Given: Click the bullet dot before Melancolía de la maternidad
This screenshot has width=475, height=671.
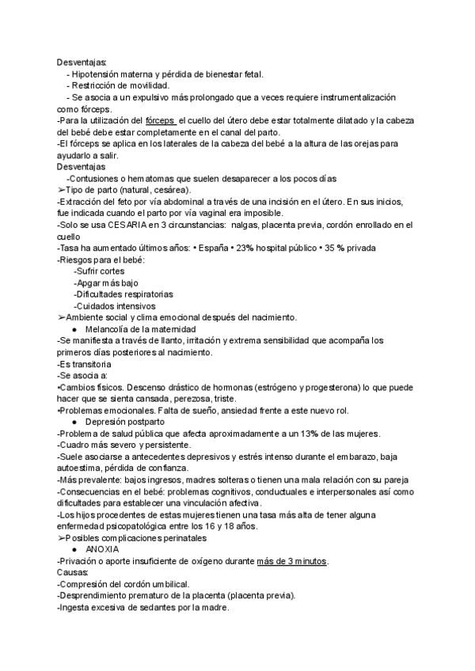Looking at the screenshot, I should coord(74,328).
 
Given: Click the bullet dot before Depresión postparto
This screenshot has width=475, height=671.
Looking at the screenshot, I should coord(74,421).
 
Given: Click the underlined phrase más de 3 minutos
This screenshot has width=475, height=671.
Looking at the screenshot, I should coord(293,561).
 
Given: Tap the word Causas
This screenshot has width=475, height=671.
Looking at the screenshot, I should coord(73,572).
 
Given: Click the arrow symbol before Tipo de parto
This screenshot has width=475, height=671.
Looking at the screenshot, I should coord(61,190).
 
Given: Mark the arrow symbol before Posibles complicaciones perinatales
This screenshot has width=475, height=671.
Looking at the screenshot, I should coord(61,537).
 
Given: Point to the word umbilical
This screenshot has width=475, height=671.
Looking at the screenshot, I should coord(167,584).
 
